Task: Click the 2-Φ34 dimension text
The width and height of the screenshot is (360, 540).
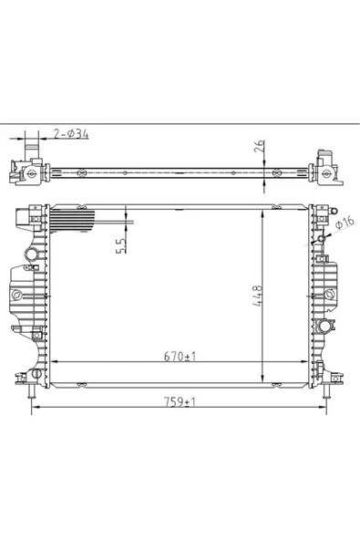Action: coord(71,133)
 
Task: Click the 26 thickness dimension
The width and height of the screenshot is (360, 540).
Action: coord(260,146)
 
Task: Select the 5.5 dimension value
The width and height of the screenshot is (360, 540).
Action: coord(121,246)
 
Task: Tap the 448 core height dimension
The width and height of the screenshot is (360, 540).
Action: coord(257,296)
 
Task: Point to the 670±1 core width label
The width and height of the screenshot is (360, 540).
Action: coord(180,357)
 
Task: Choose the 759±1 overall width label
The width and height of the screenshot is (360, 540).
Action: coord(180,402)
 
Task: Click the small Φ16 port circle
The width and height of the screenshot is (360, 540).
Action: coord(321,238)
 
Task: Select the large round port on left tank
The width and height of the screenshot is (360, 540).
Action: coord(31,254)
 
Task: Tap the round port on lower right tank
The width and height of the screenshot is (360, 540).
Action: coord(324,325)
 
